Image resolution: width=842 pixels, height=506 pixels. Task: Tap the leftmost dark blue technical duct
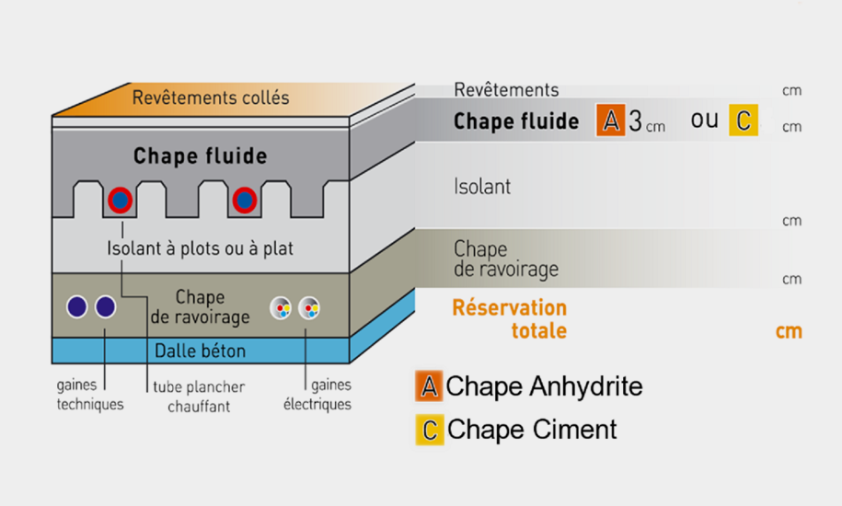76,307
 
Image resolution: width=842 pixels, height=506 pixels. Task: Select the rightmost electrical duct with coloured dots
309,308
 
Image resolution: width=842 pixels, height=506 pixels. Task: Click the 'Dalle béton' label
200,351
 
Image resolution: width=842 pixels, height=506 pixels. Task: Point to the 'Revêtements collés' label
211,98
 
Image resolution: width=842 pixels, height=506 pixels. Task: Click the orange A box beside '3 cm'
610,121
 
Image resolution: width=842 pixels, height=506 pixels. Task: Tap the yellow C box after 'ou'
744,121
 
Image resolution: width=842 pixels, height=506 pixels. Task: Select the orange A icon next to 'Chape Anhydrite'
429,385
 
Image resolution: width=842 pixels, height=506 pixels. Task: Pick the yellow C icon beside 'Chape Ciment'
430,430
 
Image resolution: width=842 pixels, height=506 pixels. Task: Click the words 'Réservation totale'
510,319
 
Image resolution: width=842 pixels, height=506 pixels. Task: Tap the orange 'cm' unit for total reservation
789,331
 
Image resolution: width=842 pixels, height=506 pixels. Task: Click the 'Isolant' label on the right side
482,187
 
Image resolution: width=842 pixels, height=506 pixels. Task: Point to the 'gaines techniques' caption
90,395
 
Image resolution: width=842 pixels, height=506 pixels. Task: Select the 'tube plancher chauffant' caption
199,397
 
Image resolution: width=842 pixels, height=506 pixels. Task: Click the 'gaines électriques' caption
317,395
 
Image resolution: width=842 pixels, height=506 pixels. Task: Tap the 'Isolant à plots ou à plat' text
200,248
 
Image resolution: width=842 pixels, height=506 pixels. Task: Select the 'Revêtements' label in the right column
506,89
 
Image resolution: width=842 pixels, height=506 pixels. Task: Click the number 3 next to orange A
635,121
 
